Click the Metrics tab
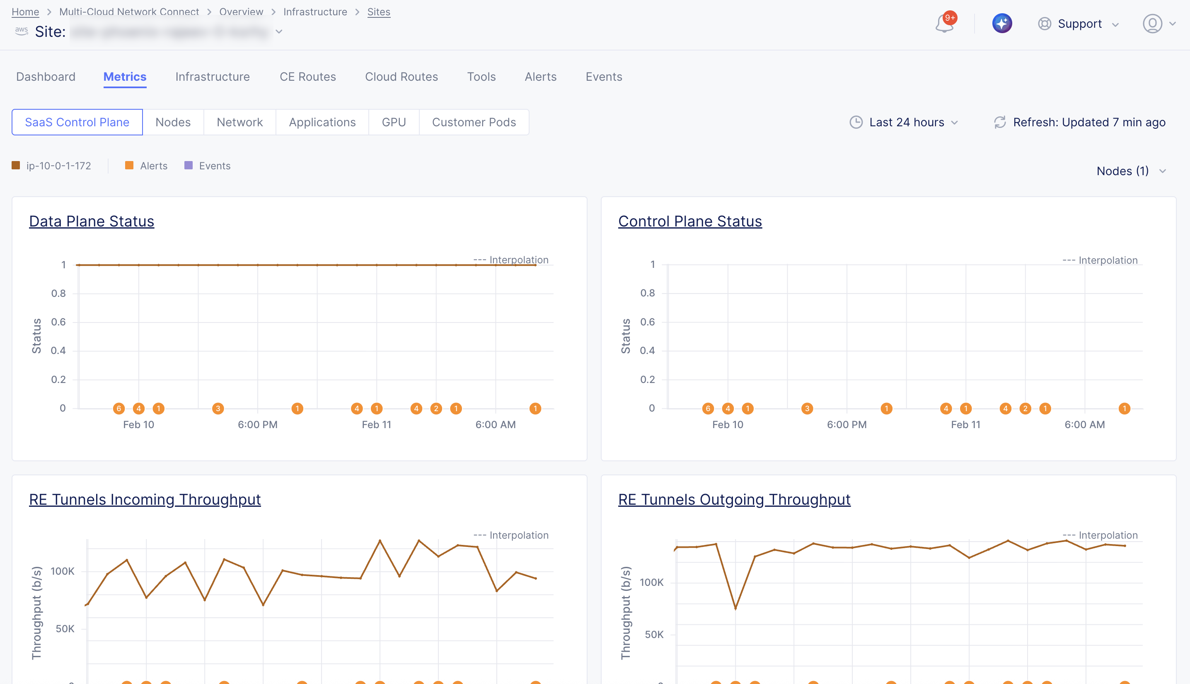(125, 77)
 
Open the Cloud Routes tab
(401, 77)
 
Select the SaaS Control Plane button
(77, 122)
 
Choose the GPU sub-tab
(393, 122)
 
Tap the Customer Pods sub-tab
(473, 122)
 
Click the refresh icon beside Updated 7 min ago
(1000, 122)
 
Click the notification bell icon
(944, 24)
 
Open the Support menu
(1079, 24)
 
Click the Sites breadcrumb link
(378, 12)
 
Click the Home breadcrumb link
(25, 12)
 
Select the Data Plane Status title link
(92, 221)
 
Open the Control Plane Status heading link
(689, 221)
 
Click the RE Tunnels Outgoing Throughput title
(734, 499)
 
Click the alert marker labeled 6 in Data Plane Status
(119, 409)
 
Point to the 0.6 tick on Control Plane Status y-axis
(647, 322)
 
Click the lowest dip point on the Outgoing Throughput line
(735, 609)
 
